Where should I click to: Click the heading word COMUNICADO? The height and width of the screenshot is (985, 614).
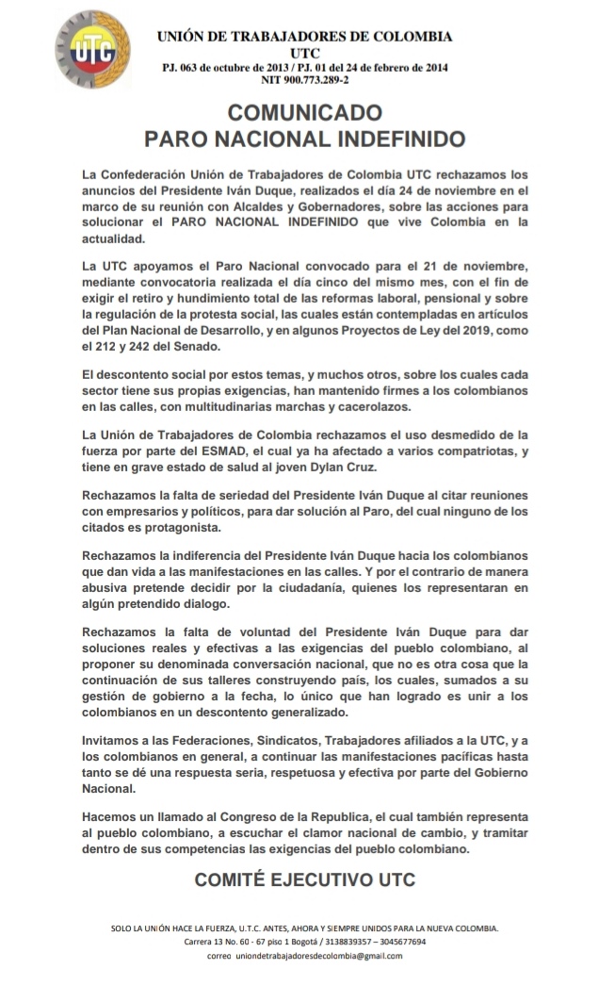pos(304,113)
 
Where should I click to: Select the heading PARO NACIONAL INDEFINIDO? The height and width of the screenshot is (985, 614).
pos(304,140)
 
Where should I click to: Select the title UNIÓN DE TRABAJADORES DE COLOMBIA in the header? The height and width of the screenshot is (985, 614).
pos(304,37)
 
